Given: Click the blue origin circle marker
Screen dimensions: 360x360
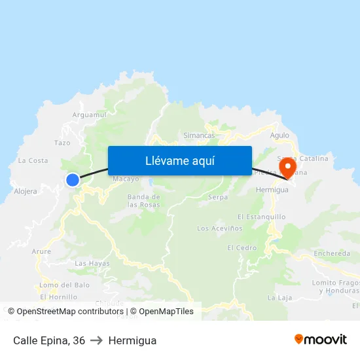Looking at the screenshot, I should click(72, 180).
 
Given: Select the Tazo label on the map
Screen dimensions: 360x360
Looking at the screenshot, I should click(62, 143).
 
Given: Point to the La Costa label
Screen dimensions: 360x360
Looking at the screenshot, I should click(33, 160).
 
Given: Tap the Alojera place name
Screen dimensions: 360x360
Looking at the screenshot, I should click(26, 192).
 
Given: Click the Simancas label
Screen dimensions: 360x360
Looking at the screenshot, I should click(199, 135).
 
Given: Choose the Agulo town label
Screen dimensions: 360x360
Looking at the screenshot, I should click(279, 135).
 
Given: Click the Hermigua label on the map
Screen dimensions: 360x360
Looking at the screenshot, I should click(272, 189).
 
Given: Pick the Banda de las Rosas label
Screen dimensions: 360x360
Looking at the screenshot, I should click(143, 200).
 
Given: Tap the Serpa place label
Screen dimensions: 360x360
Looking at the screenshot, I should click(217, 197).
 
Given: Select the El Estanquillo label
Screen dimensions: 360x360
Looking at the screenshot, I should click(262, 217).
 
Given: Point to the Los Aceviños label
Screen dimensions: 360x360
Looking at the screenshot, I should click(220, 228).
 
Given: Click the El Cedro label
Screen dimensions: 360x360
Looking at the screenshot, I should click(242, 248).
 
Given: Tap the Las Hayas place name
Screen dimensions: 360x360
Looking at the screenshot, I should click(92, 263).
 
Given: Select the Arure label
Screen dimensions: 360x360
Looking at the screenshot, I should click(41, 251).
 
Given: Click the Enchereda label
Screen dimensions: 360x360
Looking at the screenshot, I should click(332, 253).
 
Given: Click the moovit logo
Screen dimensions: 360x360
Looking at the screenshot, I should click(321, 339).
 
